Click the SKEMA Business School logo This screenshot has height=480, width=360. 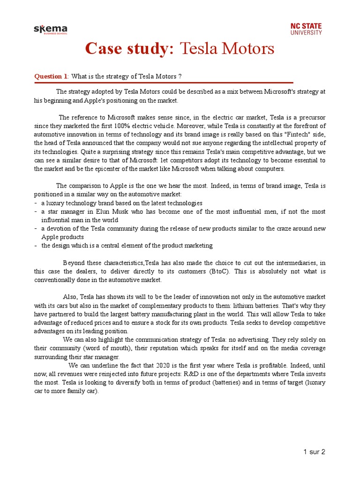(50, 30)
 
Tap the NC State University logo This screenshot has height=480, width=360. (306, 29)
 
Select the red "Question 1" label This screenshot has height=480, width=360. (51, 76)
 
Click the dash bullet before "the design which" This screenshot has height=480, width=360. (36, 246)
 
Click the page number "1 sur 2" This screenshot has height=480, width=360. (314, 452)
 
